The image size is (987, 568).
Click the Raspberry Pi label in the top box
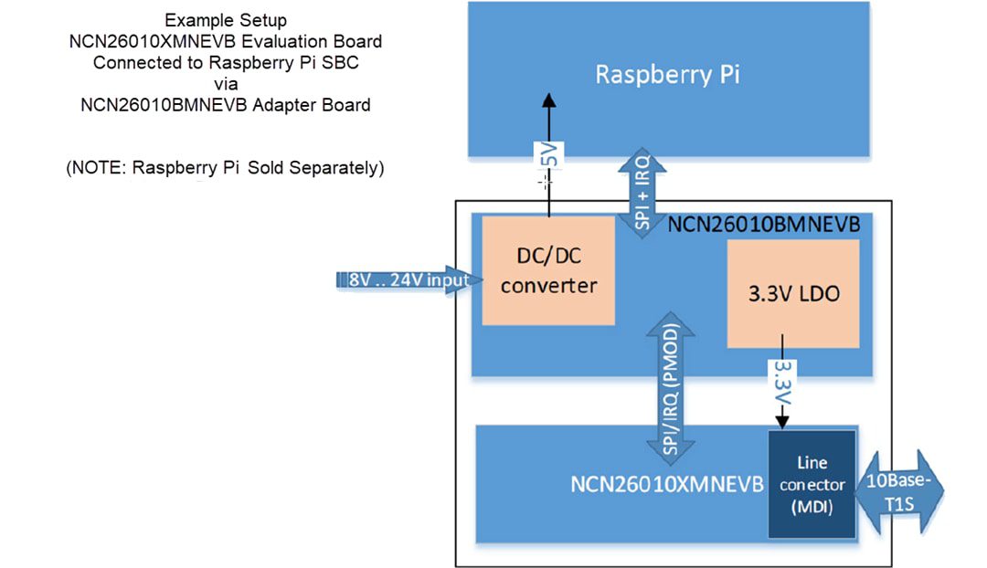(667, 74)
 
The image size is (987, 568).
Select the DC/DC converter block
(548, 270)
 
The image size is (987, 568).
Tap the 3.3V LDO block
(792, 295)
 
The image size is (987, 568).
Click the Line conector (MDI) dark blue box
(812, 484)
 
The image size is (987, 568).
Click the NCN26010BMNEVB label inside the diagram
(764, 225)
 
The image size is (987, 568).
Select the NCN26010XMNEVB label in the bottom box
(666, 483)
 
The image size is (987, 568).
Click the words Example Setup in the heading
(226, 20)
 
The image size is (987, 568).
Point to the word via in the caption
(226, 83)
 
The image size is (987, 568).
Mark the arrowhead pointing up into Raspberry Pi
(548, 101)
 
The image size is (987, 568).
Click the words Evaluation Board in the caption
(320, 41)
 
